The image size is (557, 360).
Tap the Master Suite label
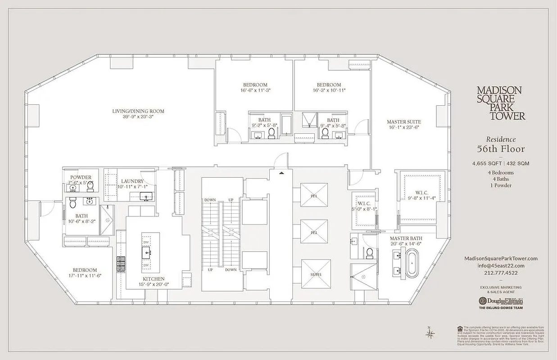404,122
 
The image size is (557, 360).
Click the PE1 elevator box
314,195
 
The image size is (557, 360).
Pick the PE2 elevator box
314,232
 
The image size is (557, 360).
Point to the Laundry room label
132,181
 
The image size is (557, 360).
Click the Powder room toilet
90,185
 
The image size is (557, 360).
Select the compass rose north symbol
430,333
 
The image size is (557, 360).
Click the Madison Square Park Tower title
501,103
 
